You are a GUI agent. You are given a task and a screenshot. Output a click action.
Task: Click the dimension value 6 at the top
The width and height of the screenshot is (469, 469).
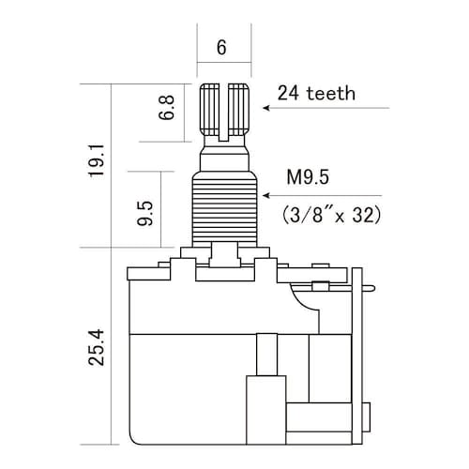click(221, 48)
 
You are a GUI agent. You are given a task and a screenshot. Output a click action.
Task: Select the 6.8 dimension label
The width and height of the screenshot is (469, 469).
click(166, 108)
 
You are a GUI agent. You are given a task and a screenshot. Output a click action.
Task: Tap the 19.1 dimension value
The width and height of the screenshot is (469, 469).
click(96, 161)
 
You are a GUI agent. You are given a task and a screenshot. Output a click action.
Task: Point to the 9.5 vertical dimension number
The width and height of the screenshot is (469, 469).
click(145, 213)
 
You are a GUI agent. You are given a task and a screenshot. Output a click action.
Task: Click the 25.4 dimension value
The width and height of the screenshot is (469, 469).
click(96, 347)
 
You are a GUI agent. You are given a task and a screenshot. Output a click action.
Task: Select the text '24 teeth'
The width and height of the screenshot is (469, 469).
click(316, 93)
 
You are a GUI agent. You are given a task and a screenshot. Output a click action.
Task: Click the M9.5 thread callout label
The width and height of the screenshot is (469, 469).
click(308, 177)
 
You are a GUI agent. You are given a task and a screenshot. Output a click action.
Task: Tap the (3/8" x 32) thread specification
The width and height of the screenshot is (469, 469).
click(331, 215)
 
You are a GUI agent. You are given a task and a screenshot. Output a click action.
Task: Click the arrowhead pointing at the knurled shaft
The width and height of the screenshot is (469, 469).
click(266, 108)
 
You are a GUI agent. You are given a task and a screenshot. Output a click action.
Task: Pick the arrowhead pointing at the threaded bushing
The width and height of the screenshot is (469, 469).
click(266, 196)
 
